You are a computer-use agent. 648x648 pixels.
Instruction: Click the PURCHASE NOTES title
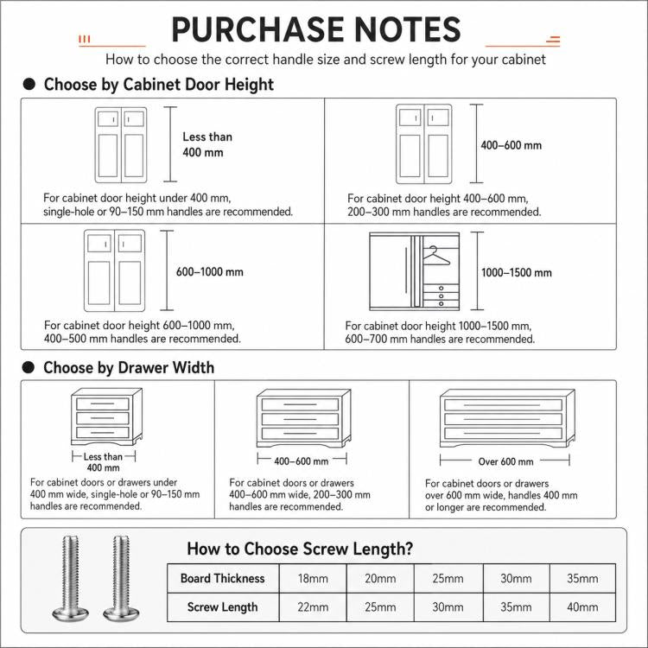click(x=316, y=29)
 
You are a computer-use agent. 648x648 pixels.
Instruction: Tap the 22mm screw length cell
click(x=313, y=607)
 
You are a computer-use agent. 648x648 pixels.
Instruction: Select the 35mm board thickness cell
click(x=582, y=579)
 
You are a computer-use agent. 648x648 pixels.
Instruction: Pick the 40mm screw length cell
click(x=582, y=607)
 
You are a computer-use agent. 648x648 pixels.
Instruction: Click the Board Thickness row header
click(x=223, y=579)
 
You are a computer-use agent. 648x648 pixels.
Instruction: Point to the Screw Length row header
click(x=223, y=607)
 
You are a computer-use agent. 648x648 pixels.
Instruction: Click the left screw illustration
click(x=70, y=578)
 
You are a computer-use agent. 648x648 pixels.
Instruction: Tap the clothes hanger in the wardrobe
click(x=435, y=257)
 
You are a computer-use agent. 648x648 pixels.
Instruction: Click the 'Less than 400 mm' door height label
click(x=207, y=144)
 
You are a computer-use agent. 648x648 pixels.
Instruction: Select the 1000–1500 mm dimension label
click(x=516, y=273)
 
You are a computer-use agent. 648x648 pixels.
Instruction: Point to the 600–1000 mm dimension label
click(x=210, y=272)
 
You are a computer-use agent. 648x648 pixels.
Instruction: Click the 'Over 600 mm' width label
click(x=505, y=461)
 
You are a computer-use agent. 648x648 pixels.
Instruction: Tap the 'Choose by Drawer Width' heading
click(x=129, y=367)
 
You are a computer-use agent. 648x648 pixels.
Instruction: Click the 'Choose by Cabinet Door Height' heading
click(x=159, y=85)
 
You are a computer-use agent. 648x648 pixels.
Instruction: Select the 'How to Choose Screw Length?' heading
click(x=300, y=549)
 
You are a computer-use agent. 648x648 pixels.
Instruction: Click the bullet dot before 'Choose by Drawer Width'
click(x=29, y=367)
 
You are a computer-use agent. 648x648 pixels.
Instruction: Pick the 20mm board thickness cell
click(x=380, y=579)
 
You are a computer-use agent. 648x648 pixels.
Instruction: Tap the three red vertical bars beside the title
click(x=85, y=39)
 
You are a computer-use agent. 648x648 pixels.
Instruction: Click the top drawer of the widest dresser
click(x=503, y=404)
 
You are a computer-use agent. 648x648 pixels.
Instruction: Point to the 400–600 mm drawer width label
click(x=302, y=461)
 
